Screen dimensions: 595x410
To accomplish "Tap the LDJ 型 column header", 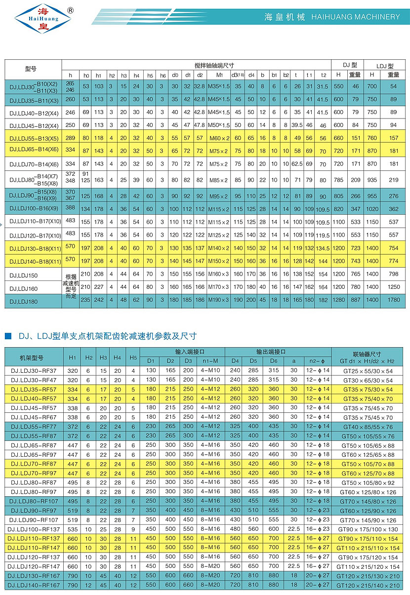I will point(385,65).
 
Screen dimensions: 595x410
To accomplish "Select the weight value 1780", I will point(393,300).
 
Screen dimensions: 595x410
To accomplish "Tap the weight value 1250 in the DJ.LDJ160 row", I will point(393,287).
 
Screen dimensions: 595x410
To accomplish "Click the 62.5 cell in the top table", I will point(297,163).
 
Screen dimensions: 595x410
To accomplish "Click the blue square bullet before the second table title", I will point(8,336).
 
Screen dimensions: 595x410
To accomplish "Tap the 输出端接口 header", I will point(271,352).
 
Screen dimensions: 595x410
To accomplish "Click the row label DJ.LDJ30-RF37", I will point(34,370).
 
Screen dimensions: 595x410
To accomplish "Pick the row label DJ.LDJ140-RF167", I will point(34,585).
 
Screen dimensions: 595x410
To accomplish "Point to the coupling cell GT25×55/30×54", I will point(367,370).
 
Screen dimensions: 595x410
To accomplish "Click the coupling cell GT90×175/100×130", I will point(367,529).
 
